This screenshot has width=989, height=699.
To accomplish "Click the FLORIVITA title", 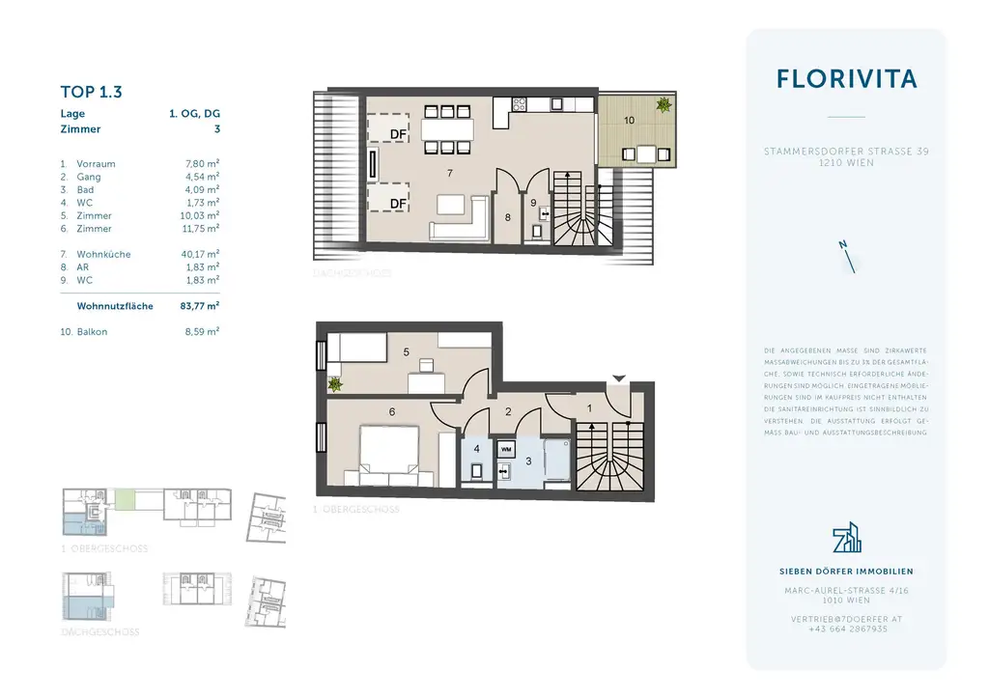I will click(x=846, y=79).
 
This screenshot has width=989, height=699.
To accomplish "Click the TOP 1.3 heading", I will click(x=91, y=93).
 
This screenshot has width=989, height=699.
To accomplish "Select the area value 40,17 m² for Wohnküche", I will click(x=201, y=255).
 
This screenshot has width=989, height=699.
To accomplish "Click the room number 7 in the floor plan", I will click(x=449, y=173).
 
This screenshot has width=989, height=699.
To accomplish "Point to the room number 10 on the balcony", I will click(x=629, y=122).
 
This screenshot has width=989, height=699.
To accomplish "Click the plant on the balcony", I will click(x=664, y=105).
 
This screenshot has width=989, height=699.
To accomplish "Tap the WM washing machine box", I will click(x=505, y=450).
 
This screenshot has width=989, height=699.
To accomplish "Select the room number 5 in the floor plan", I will click(x=406, y=353).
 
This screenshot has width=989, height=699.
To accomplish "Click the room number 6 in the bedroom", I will click(x=392, y=412).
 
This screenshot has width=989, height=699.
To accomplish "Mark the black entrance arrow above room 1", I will click(x=619, y=378).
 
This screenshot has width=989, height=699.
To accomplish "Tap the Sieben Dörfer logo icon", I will click(x=846, y=539).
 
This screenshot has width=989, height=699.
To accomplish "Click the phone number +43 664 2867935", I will click(x=846, y=629).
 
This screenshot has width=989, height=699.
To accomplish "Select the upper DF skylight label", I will click(x=397, y=133).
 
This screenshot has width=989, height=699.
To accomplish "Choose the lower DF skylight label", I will click(x=397, y=203).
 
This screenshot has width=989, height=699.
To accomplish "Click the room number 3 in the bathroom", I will click(x=527, y=462).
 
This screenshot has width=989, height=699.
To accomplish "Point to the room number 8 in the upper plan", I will click(x=508, y=218).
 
